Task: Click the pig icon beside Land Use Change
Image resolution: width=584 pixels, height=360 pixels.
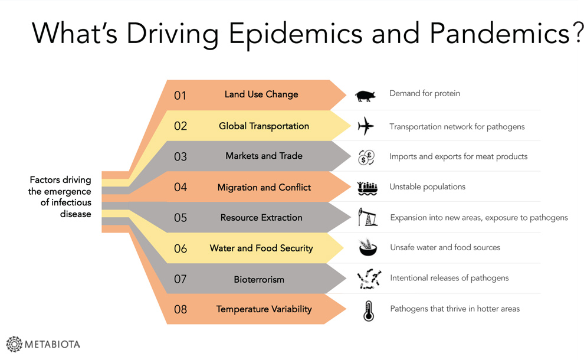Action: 365,96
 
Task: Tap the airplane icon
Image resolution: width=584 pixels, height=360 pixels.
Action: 365,126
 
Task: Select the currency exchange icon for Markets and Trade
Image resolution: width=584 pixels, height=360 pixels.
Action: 366,157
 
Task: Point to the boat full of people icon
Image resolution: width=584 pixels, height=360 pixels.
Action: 368,188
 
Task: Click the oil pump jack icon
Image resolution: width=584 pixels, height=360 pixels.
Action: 368,217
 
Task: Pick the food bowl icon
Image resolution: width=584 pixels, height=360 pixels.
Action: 368,247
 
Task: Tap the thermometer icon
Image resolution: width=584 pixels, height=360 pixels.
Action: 368,311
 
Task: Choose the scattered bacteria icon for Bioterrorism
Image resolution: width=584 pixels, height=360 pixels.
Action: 369,279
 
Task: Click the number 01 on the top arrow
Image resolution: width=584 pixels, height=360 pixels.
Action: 180,96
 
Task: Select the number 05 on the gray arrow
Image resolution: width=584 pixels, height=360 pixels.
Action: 181,218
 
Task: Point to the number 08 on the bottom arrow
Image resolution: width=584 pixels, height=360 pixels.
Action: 181,309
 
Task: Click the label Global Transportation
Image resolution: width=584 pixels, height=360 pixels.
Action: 264,126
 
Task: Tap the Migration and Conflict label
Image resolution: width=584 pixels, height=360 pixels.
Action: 264,187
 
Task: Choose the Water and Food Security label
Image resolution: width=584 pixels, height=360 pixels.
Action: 261,248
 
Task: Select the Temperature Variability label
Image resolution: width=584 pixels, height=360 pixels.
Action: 264,309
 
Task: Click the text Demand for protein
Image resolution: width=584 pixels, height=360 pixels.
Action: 425,93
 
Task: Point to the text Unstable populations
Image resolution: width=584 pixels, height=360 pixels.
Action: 427,186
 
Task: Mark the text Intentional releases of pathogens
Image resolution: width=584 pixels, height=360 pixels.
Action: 449,278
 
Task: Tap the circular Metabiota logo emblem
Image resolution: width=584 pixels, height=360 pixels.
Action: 15,344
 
